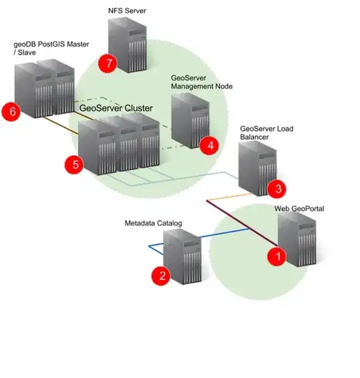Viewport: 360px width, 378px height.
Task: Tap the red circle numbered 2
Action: click(160, 275)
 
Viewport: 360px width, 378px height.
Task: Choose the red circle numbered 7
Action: click(107, 63)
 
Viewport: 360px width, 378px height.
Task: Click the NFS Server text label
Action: click(127, 11)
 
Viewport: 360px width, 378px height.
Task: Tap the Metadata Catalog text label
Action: click(153, 223)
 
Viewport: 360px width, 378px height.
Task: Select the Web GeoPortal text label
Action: click(299, 209)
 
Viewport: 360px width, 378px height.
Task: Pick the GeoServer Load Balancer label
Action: click(266, 133)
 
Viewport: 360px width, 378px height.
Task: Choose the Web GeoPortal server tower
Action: click(297, 239)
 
